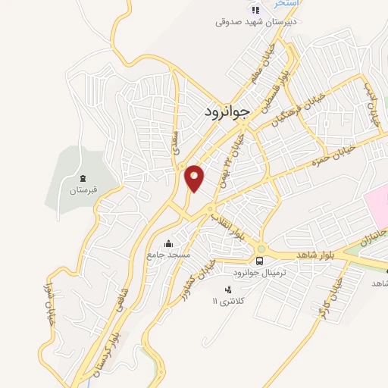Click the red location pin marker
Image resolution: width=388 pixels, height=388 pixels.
click(195, 177)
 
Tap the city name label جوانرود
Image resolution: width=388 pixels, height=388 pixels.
click(227, 112)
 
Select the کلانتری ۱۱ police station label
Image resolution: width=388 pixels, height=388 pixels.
click(227, 302)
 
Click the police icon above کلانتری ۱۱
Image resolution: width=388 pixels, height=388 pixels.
click(227, 289)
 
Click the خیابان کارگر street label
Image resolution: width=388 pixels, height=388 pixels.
click(334, 296)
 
